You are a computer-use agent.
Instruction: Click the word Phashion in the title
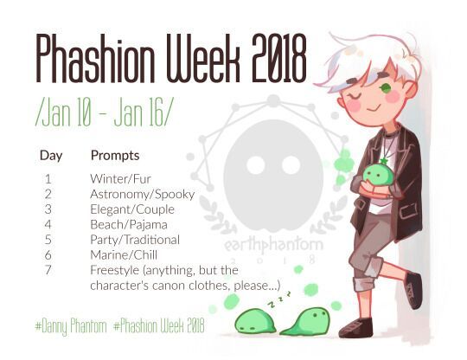95,58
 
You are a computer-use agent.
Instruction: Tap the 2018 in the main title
279,58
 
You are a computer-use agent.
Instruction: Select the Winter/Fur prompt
120,179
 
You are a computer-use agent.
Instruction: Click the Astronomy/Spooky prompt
143,195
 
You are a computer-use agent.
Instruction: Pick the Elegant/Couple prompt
132,209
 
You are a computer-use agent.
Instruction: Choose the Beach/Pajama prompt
129,225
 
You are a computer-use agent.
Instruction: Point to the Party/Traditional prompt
135,240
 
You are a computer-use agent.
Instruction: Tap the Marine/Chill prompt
124,255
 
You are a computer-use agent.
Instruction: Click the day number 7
48,270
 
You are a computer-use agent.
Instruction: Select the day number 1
48,179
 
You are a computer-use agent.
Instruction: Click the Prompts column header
115,156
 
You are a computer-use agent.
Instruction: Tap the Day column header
51,156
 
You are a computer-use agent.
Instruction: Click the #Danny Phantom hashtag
71,325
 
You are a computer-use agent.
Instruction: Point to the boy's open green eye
386,87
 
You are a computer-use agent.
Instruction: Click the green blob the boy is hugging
378,176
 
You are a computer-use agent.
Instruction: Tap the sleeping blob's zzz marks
279,299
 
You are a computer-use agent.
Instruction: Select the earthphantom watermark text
273,245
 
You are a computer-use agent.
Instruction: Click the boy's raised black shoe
414,290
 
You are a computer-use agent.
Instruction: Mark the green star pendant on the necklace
383,162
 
